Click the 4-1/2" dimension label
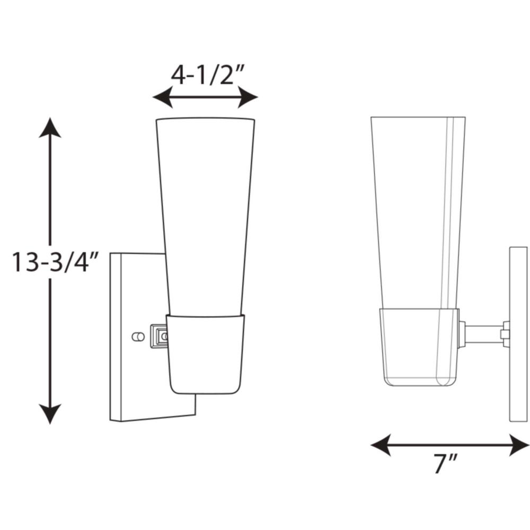click(207, 75)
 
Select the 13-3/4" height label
click(55, 262)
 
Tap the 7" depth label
click(446, 463)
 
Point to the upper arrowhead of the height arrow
click(50, 128)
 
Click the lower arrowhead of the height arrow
click(50, 414)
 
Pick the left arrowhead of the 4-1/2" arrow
click(163, 97)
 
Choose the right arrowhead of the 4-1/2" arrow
click(248, 97)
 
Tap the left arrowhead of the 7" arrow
click(381, 445)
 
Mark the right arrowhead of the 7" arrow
click(519, 445)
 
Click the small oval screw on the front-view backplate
click(138, 337)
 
